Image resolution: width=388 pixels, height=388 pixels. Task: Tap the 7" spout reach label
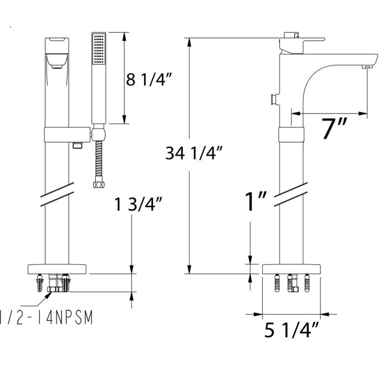334,129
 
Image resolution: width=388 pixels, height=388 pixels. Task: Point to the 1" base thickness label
257,202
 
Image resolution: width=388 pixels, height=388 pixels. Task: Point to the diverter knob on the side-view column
272,100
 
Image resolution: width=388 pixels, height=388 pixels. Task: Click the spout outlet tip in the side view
366,67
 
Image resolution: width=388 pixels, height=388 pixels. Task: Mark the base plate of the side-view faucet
292,269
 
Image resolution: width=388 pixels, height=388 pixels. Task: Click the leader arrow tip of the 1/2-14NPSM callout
50,293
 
